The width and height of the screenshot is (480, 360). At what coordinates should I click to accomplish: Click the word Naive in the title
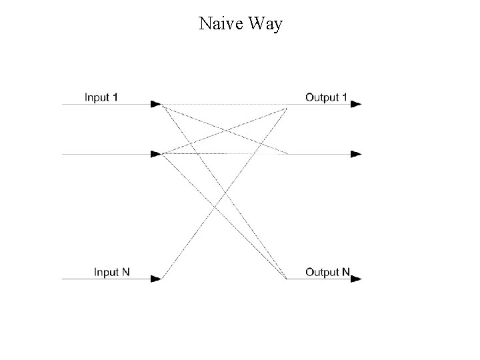[x=220, y=25]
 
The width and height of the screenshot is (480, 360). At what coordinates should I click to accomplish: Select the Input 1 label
[x=101, y=97]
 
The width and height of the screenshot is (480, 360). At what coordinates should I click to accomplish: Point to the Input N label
[x=117, y=272]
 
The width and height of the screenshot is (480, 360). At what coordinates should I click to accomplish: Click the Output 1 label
[x=326, y=97]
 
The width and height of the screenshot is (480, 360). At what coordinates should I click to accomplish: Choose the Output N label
[x=327, y=272]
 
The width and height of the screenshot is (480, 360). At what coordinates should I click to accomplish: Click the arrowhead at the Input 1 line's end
[x=156, y=104]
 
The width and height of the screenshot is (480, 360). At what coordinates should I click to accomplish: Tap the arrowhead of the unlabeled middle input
[x=156, y=154]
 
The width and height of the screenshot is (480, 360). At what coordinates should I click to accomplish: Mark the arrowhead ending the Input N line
[x=156, y=279]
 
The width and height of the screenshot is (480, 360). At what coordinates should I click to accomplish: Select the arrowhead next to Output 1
[x=356, y=104]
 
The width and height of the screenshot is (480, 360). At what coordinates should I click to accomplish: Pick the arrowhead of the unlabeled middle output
[x=356, y=154]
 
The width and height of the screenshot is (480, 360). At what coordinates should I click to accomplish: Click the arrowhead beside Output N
[x=356, y=279]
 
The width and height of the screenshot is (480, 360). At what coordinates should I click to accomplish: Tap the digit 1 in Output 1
[x=344, y=97]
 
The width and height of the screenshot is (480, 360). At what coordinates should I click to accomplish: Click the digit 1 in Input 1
[x=115, y=97]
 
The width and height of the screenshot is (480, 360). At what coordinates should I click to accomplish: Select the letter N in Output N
[x=345, y=272]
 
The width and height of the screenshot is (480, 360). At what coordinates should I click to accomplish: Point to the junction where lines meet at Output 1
[x=287, y=107]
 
